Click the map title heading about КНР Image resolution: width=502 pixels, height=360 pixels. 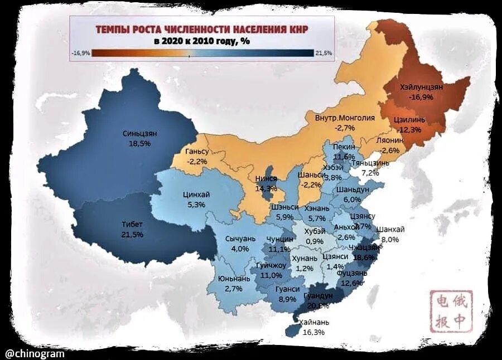201,28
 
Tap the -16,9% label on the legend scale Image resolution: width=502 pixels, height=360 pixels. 81,53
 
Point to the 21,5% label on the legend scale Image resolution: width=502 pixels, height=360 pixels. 324,53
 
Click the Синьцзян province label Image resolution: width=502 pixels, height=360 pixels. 139,134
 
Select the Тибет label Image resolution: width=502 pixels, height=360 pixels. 132,225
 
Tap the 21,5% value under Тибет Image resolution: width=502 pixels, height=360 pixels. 132,235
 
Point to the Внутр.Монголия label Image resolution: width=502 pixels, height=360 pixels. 337,118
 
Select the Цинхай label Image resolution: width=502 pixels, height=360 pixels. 196,194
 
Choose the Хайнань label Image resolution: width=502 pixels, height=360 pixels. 314,322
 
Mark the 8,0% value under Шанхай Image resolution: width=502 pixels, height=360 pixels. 390,240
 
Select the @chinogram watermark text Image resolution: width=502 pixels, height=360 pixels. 35,353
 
